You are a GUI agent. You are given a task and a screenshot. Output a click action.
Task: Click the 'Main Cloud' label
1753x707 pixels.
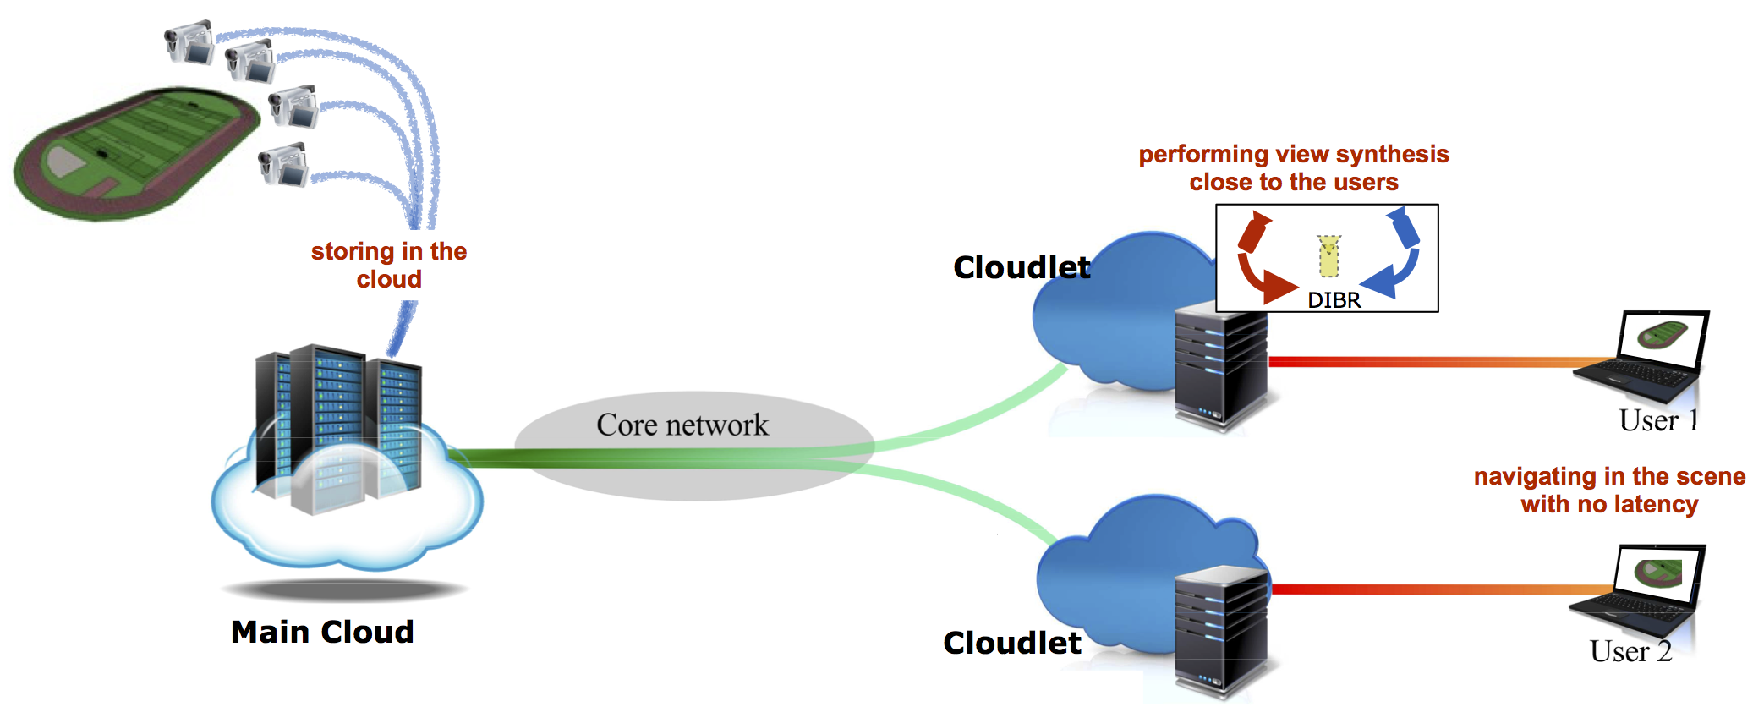coord(322,632)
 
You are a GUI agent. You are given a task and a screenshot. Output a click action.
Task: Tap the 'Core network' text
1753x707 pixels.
coord(682,425)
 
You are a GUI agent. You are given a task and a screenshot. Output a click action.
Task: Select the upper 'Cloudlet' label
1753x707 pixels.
coord(1022,267)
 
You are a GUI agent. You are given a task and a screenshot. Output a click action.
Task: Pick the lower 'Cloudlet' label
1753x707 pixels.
coord(1012,643)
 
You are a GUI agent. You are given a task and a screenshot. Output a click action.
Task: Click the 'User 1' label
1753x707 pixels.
coord(1658,420)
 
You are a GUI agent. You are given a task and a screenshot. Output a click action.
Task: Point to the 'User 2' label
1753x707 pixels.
coord(1630,651)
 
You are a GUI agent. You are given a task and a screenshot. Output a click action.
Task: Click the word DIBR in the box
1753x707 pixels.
coord(1334,300)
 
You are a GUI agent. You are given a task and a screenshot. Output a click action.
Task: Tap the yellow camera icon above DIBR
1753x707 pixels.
coord(1328,256)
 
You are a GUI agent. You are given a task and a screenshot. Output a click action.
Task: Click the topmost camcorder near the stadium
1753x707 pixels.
coord(189,42)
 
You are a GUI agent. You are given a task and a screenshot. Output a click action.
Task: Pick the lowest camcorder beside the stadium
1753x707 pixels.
coord(283,164)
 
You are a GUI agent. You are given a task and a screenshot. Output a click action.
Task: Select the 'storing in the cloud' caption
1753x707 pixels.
coord(389,265)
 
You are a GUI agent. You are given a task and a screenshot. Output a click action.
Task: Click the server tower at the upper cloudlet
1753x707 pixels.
coord(1220,368)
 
